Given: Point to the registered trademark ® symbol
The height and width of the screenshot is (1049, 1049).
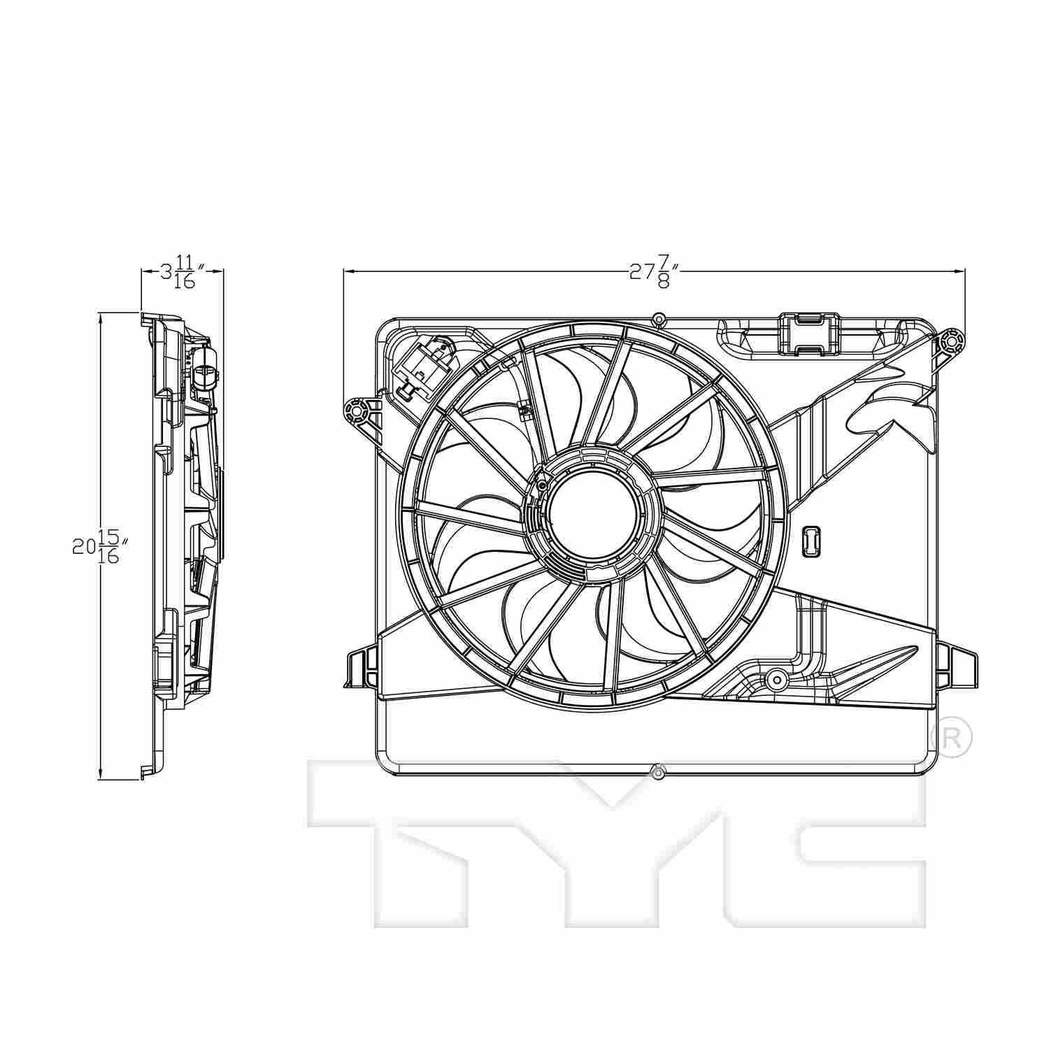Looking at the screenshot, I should (x=952, y=737).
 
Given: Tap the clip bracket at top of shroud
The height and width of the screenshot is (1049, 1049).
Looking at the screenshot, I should (x=808, y=334).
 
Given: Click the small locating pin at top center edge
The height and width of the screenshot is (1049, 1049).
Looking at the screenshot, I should (x=657, y=320).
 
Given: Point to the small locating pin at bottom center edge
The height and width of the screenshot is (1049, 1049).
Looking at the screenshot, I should (x=657, y=772).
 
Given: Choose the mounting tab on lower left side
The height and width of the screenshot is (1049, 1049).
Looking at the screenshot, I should (x=361, y=669).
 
